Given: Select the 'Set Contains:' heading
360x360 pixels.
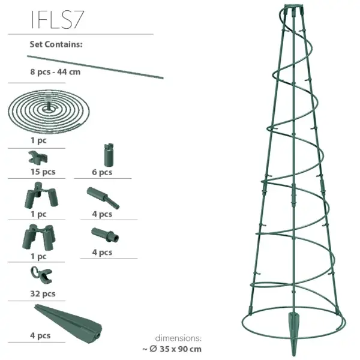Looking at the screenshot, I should click(56, 44).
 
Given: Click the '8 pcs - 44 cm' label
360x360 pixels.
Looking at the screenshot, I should click(55, 72).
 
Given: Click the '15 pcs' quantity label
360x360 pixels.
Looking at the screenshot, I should click(42, 172).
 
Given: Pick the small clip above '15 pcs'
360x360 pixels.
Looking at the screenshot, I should click(37, 158).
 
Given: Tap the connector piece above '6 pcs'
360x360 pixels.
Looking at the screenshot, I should click(108, 155).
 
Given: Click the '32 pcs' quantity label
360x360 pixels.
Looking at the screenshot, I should click(43, 293).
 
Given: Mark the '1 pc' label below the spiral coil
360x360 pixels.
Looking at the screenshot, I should click(38, 140).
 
